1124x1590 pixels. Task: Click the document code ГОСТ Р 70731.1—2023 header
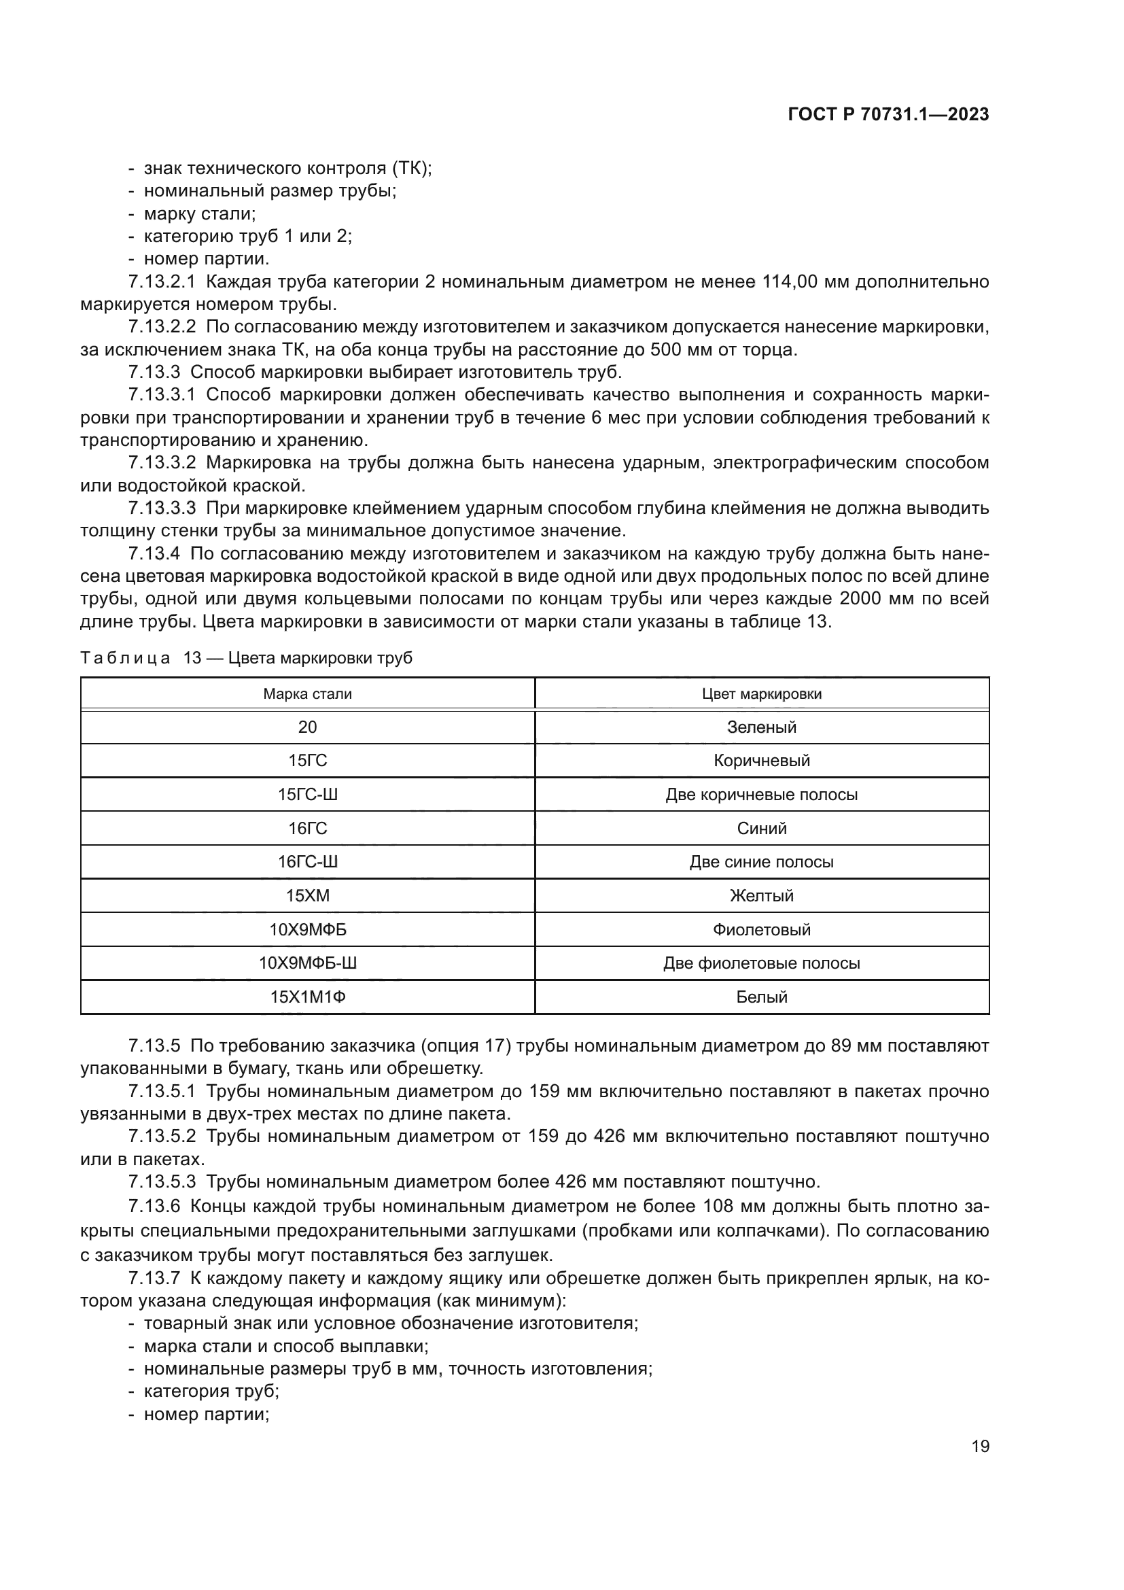point(888,115)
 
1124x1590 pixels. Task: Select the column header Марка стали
point(307,694)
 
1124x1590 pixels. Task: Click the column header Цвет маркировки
point(761,694)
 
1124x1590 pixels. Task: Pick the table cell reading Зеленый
point(761,727)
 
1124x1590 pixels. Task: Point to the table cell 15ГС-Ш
point(307,794)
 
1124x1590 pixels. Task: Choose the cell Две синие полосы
point(761,862)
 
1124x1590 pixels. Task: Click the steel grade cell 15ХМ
point(307,895)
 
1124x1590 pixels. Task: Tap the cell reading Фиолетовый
point(761,929)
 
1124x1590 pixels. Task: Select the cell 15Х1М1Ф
point(307,997)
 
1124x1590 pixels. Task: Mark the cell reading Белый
point(761,997)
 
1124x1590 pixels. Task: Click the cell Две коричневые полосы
point(761,794)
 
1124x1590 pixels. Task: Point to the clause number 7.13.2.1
point(162,282)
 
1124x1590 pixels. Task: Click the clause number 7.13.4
point(154,553)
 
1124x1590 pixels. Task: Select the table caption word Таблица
point(124,658)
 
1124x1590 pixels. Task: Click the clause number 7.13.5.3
point(162,1181)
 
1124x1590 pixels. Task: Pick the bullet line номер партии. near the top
point(207,259)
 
